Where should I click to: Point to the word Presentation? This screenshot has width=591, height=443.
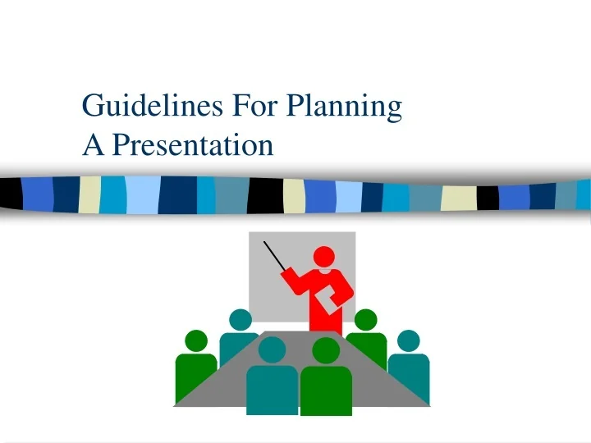pos(192,145)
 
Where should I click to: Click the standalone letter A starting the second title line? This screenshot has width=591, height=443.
pos(93,145)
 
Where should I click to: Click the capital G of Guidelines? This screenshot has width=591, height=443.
pos(94,107)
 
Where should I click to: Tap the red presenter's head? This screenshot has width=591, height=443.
pos(325,257)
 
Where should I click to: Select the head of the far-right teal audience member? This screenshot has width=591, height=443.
pos(408,340)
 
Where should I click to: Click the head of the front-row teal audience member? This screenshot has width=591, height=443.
pos(272,350)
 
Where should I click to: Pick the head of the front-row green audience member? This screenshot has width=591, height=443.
pos(326,350)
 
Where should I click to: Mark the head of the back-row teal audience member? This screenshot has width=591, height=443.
pos(241,320)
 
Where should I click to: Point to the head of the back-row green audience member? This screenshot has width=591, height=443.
pos(365,320)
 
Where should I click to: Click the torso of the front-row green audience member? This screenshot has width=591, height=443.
pos(326,390)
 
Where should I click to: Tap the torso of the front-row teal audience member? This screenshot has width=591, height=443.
pos(272,390)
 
